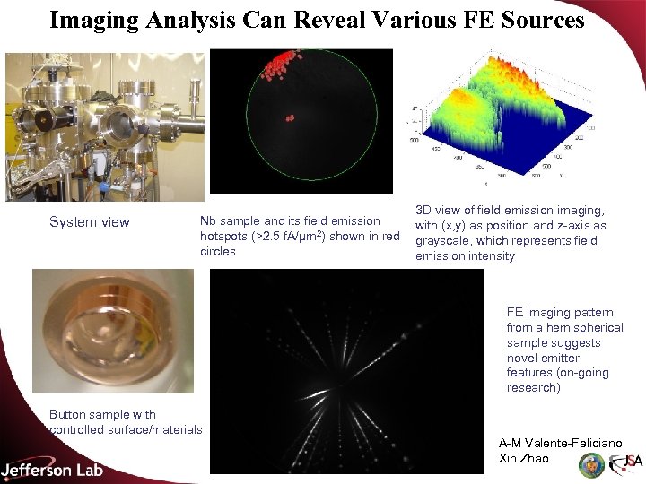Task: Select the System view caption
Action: [89, 222]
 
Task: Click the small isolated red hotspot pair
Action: [290, 117]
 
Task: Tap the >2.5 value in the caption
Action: [269, 237]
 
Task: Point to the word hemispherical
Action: [565, 327]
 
